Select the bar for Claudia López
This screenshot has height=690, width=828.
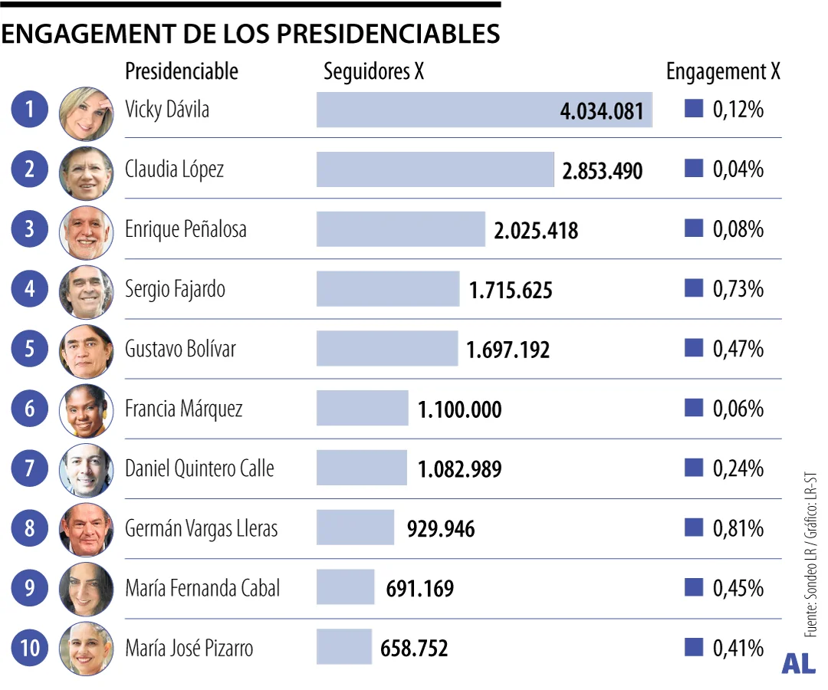coord(434,169)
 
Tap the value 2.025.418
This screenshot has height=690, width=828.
coord(536,230)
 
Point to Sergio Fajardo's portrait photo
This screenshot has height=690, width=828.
coord(86,291)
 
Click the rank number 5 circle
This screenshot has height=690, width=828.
coord(30,350)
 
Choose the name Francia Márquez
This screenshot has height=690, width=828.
coord(183,409)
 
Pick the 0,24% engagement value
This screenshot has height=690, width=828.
coord(738,468)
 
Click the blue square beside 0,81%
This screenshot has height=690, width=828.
coord(693,527)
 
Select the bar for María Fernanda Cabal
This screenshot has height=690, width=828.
coord(345,588)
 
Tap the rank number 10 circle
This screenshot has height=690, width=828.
coord(30,649)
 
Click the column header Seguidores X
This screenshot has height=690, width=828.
coord(373,71)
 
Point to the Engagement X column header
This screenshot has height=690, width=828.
coord(723,71)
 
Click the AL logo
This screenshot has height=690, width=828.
coord(798,665)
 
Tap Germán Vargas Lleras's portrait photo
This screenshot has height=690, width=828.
coord(86,529)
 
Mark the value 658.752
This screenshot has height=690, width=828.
coord(414,649)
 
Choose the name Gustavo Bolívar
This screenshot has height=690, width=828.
coord(180,350)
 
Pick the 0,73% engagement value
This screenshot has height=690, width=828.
coord(738,290)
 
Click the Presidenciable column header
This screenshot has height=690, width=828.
coord(182,71)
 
